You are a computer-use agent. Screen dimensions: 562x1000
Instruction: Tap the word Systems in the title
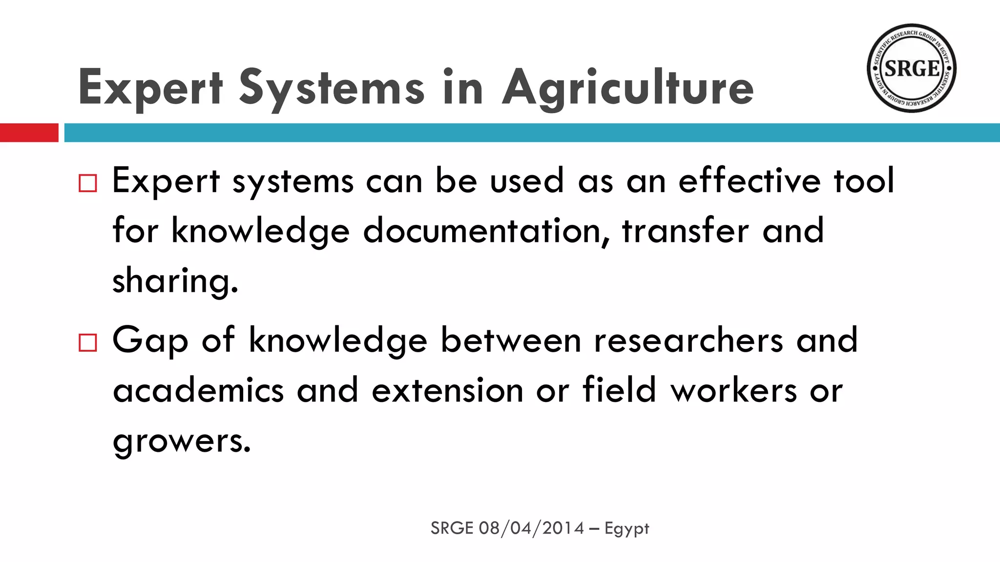(332, 88)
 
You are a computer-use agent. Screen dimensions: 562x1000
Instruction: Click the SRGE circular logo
(911, 68)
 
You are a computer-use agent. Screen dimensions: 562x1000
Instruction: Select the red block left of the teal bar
(29, 133)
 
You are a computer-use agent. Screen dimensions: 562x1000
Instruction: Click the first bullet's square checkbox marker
(88, 183)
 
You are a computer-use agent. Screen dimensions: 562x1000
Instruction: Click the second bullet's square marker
(88, 343)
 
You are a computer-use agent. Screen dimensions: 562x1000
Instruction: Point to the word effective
(750, 181)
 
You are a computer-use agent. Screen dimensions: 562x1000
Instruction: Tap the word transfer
(685, 230)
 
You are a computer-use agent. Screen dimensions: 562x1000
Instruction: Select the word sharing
(175, 281)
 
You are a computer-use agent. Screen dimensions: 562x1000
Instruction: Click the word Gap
(150, 340)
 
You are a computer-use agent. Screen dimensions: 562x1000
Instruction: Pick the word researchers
(688, 340)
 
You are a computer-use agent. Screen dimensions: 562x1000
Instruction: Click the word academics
(198, 390)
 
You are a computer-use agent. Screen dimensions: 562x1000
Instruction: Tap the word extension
(447, 390)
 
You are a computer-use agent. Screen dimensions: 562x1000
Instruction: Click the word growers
(181, 442)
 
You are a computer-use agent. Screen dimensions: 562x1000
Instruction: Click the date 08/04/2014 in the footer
(531, 528)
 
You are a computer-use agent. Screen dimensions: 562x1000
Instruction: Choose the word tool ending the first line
(864, 181)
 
